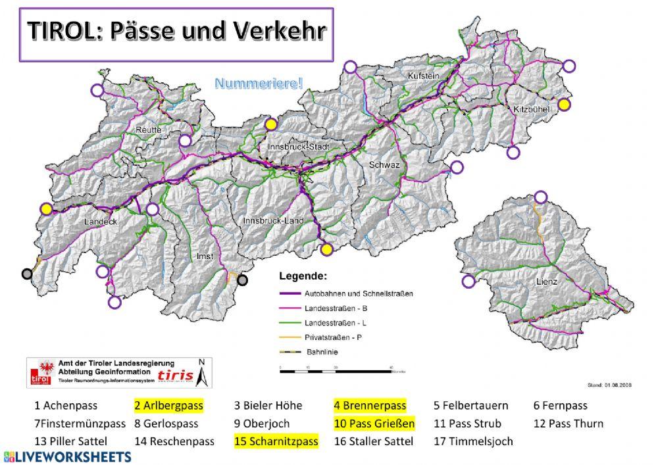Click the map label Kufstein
click(x=424, y=77)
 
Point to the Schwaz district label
click(x=384, y=164)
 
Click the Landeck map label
click(x=100, y=222)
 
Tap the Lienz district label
click(x=546, y=281)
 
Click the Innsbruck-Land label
click(x=272, y=221)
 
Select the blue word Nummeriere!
click(x=259, y=84)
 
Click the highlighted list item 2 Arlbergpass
click(x=168, y=406)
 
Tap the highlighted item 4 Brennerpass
click(x=370, y=406)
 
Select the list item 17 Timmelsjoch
click(x=473, y=441)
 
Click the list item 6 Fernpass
click(x=560, y=406)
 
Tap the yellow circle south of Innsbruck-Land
click(x=326, y=249)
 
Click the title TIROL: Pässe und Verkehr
click(x=175, y=32)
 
